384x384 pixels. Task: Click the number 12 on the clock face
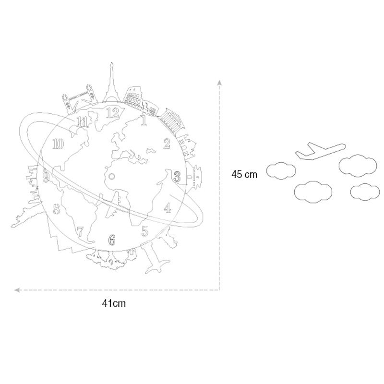pyautogui.click(x=113, y=113)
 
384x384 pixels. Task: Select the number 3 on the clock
pyautogui.click(x=177, y=177)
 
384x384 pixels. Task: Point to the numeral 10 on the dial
pyautogui.click(x=58, y=144)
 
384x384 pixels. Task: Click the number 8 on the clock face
pyautogui.click(x=57, y=209)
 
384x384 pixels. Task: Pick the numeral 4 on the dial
pyautogui.click(x=168, y=208)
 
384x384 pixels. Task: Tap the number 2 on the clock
pyautogui.click(x=167, y=144)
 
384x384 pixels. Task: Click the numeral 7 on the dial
pyautogui.click(x=80, y=232)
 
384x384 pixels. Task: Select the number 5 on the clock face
pyautogui.click(x=145, y=231)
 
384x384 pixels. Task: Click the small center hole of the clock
pyautogui.click(x=111, y=176)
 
